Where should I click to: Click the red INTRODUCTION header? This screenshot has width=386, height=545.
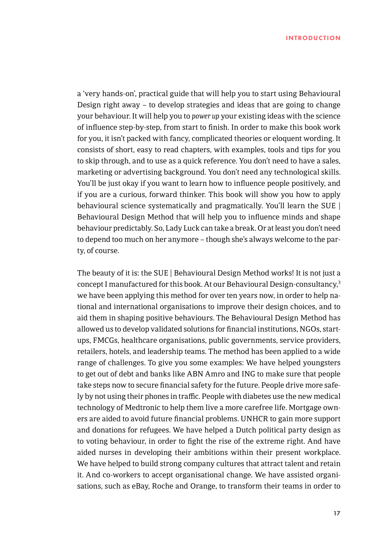point(313,38)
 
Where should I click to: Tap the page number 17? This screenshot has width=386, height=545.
point(337,513)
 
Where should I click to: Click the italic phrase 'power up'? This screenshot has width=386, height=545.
point(205,116)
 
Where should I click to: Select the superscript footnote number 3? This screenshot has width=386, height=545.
point(339,282)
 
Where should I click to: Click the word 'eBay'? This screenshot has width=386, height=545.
point(140,486)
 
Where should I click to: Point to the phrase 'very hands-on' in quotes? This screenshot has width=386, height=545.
point(109,94)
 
